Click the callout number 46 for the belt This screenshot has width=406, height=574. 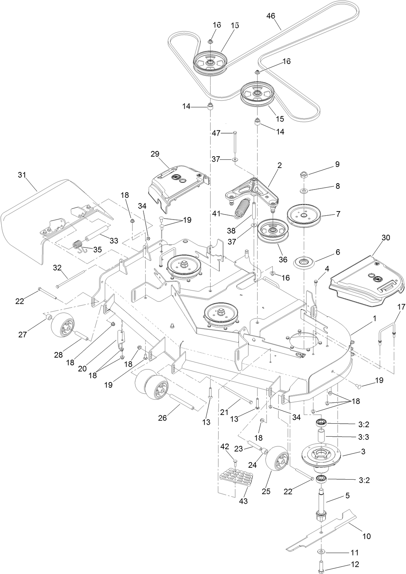point(271,16)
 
